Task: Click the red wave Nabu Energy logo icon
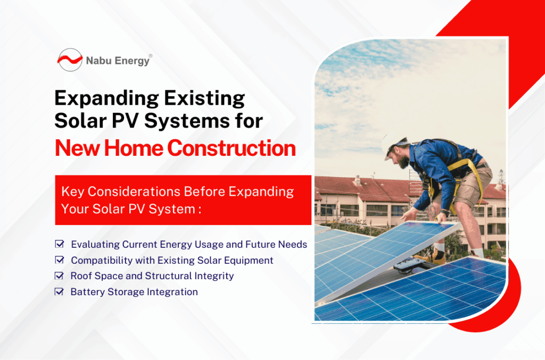point(70,60)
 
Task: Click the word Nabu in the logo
point(99,61)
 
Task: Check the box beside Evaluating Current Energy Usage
point(60,244)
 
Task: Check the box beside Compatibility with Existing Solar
point(60,260)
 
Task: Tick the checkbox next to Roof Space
point(60,275)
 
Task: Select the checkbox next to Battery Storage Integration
point(60,291)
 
